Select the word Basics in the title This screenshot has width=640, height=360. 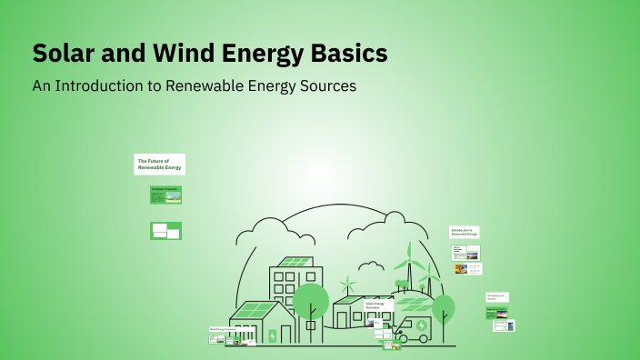[x=349, y=54]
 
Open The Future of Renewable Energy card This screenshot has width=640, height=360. [x=159, y=164]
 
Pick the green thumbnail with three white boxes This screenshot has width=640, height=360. [x=165, y=230]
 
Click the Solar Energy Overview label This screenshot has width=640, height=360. [x=377, y=305]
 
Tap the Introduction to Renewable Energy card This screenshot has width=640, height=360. [x=465, y=232]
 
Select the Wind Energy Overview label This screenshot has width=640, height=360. [x=223, y=329]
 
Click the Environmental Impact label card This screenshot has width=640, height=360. [x=496, y=297]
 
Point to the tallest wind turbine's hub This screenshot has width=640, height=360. [x=409, y=261]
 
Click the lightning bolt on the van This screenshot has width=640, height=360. [x=421, y=325]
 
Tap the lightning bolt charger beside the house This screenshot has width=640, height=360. [x=272, y=335]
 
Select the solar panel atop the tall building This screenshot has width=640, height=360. [x=295, y=262]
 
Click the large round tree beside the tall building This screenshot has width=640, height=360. [x=311, y=299]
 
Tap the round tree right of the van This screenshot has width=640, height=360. [x=444, y=306]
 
